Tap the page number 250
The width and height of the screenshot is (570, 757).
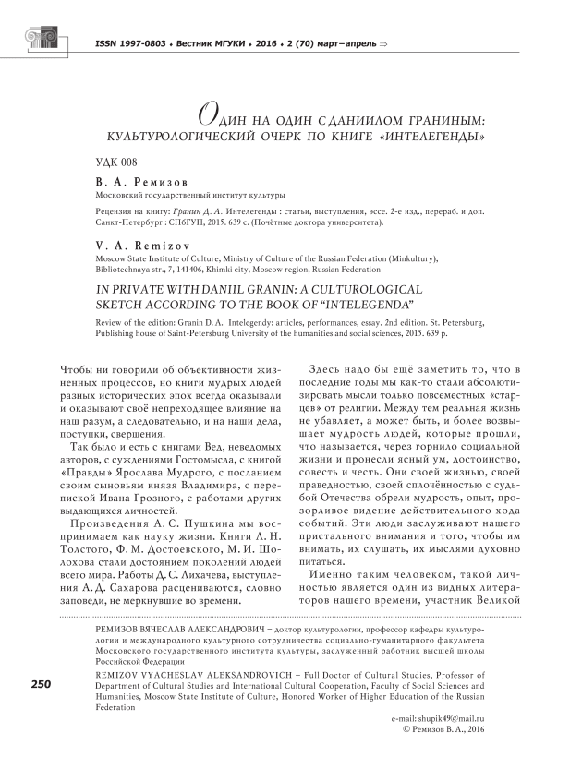click(x=42, y=684)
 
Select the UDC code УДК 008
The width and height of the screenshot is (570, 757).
click(x=117, y=162)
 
